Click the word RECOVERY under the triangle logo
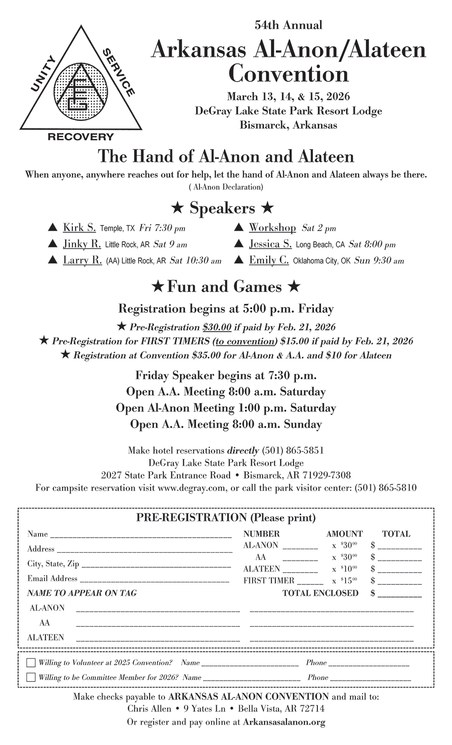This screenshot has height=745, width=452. pyautogui.click(x=81, y=137)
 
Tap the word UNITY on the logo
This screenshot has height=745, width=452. pyautogui.click(x=44, y=74)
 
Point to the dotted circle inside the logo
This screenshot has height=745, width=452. pyautogui.click(x=80, y=91)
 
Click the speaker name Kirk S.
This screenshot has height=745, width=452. pyautogui.click(x=79, y=228)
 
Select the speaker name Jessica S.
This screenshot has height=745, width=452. pyautogui.click(x=270, y=244)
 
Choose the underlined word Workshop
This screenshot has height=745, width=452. pyautogui.click(x=272, y=228)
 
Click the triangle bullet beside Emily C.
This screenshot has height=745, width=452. pyautogui.click(x=239, y=260)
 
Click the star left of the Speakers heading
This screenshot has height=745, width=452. pyautogui.click(x=177, y=208)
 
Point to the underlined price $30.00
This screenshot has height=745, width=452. pyautogui.click(x=217, y=327)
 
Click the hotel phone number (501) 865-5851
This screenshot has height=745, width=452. pyautogui.click(x=293, y=451)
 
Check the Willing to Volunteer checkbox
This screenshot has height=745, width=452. pyautogui.click(x=31, y=663)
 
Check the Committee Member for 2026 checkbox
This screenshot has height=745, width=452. pyautogui.click(x=31, y=678)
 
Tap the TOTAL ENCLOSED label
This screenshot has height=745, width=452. pyautogui.click(x=320, y=593)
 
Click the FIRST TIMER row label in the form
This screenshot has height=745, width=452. pyautogui.click(x=268, y=581)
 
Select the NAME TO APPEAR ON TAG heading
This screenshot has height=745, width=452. pyautogui.click(x=82, y=593)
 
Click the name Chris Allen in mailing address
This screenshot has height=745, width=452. pyautogui.click(x=149, y=709)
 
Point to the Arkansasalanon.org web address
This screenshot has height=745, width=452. pyautogui.click(x=284, y=723)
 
